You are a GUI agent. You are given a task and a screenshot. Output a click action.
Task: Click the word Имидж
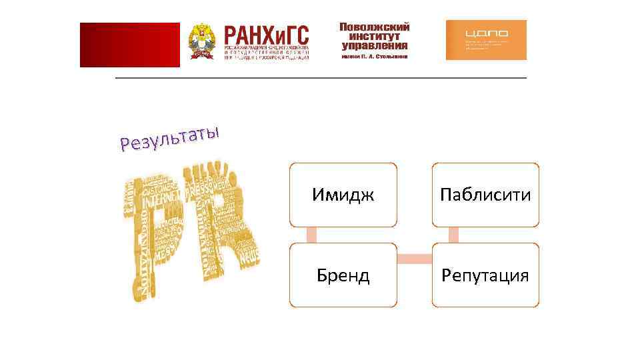(343, 195)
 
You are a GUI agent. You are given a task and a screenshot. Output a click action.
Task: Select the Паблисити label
(485, 195)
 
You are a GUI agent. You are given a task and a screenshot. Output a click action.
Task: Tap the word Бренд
(343, 275)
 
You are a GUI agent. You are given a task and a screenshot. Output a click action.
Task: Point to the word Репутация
(485, 275)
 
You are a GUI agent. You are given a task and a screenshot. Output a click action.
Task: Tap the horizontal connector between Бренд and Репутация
(414, 257)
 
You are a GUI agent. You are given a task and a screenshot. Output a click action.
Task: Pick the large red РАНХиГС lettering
(267, 35)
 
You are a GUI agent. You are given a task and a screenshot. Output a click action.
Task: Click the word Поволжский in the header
(374, 27)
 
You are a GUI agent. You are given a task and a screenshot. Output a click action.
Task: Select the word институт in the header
(374, 37)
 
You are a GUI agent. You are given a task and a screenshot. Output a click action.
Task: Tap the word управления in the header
(374, 46)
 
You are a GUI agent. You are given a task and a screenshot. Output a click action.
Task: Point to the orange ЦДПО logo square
(485, 40)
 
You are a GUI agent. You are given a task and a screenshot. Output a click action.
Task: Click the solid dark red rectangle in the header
(129, 45)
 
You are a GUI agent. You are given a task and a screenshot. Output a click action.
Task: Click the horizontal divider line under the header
(321, 78)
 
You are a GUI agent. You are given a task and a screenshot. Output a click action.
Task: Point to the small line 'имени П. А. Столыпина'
(374, 57)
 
